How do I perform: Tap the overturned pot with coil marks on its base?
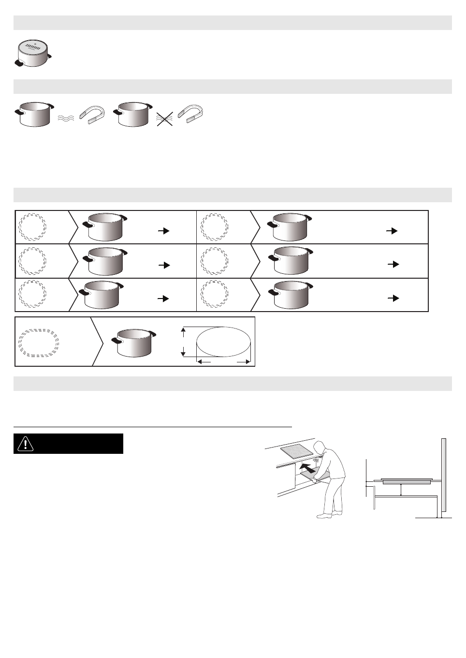click(x=33, y=52)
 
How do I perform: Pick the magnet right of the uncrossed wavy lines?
click(x=91, y=115)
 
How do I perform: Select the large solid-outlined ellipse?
click(x=223, y=343)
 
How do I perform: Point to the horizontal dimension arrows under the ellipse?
click(x=223, y=361)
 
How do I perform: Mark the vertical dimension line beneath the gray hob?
click(x=402, y=489)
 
